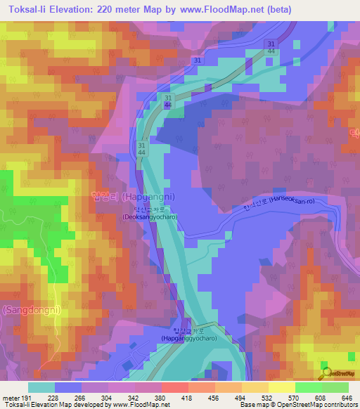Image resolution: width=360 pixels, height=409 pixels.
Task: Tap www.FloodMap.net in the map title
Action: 215,10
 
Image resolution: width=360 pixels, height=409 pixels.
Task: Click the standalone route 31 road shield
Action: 198,61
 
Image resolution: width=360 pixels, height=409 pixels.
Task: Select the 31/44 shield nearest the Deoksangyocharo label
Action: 142,148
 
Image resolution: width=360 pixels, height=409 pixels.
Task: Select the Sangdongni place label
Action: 31,309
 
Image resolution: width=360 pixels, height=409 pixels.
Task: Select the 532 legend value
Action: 266,398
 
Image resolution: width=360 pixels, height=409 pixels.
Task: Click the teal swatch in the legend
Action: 41,387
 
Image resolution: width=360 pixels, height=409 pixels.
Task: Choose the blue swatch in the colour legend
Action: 67,387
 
